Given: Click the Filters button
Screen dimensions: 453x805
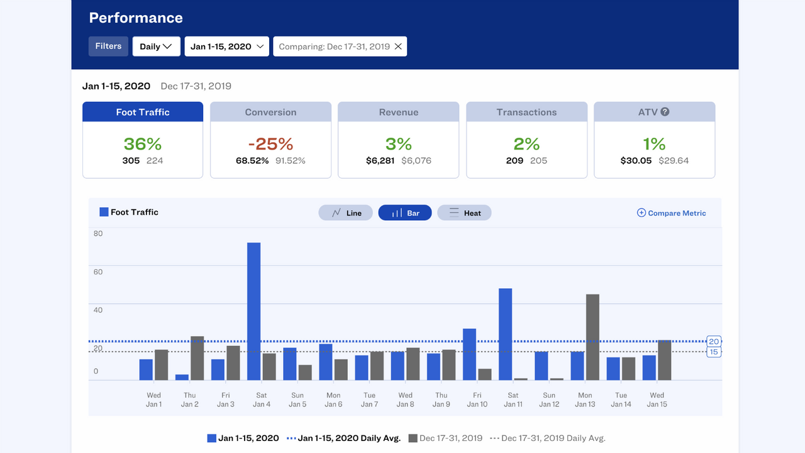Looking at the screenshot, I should tap(108, 47).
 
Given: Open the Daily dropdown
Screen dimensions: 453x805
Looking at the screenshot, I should tap(156, 47).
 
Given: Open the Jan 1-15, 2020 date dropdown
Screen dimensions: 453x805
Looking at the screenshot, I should tap(227, 47).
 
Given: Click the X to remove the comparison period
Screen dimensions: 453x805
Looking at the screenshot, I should tap(398, 47).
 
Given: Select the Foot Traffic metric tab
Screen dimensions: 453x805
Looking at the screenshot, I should tap(143, 112).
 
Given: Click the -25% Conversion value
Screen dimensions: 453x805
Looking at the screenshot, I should tap(270, 144).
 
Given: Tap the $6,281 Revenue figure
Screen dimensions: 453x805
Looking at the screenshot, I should tap(380, 160).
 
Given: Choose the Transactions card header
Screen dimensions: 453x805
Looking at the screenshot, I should tap(526, 112).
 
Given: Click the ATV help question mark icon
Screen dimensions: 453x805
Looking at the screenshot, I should tap(665, 111).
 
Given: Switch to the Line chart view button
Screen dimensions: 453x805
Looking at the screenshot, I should tap(345, 213).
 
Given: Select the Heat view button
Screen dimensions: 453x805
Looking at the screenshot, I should tap(464, 213).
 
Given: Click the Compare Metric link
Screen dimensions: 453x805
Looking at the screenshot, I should tap(671, 213).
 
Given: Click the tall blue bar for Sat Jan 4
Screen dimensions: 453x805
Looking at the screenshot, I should tap(253, 311).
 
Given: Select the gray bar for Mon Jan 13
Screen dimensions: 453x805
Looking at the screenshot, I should tap(592, 337).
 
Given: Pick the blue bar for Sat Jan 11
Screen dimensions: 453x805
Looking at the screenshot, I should tap(505, 334).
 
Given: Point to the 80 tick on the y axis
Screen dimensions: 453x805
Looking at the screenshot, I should tap(98, 233).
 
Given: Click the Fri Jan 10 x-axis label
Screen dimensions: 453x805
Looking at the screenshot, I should tap(477, 400).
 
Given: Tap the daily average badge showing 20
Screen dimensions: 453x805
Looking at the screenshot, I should tap(714, 341).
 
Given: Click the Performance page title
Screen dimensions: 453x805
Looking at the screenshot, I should tap(136, 18).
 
